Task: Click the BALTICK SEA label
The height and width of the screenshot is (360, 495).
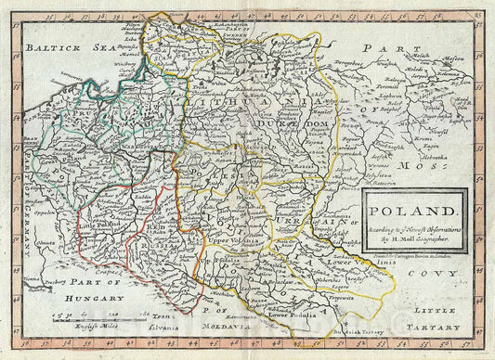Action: click(x=57, y=47)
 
